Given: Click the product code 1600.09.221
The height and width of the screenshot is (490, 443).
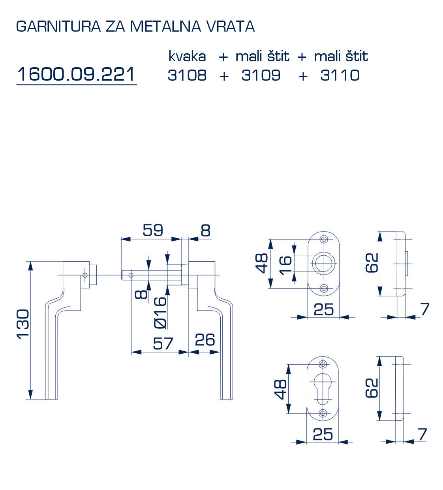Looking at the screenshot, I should [76, 74].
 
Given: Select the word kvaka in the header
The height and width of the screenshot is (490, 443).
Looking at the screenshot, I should [187, 57].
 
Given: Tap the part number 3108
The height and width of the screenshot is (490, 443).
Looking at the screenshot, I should [187, 75].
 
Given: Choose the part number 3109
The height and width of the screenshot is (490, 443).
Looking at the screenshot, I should [261, 75].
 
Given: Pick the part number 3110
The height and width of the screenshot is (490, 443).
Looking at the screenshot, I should [340, 75].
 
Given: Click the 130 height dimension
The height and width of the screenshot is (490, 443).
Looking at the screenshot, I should [23, 324].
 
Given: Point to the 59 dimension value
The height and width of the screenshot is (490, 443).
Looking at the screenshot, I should [153, 230].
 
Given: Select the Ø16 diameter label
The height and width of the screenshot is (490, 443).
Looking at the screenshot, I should [160, 313].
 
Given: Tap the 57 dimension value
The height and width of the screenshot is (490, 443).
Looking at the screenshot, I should [163, 343].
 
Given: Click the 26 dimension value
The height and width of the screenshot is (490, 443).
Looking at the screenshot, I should [205, 340].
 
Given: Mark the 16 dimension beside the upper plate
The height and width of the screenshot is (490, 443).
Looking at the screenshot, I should [285, 264].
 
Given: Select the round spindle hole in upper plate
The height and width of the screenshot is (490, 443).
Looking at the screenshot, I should [323, 263].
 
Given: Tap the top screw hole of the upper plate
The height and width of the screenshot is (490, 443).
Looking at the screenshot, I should [324, 239].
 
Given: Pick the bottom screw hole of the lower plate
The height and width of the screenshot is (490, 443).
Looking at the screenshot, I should [323, 413].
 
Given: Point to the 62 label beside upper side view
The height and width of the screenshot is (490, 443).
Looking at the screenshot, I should [372, 263].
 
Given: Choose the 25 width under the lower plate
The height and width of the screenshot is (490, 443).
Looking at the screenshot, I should [323, 434].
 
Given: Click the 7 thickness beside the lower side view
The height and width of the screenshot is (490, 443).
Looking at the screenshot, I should [422, 434].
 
